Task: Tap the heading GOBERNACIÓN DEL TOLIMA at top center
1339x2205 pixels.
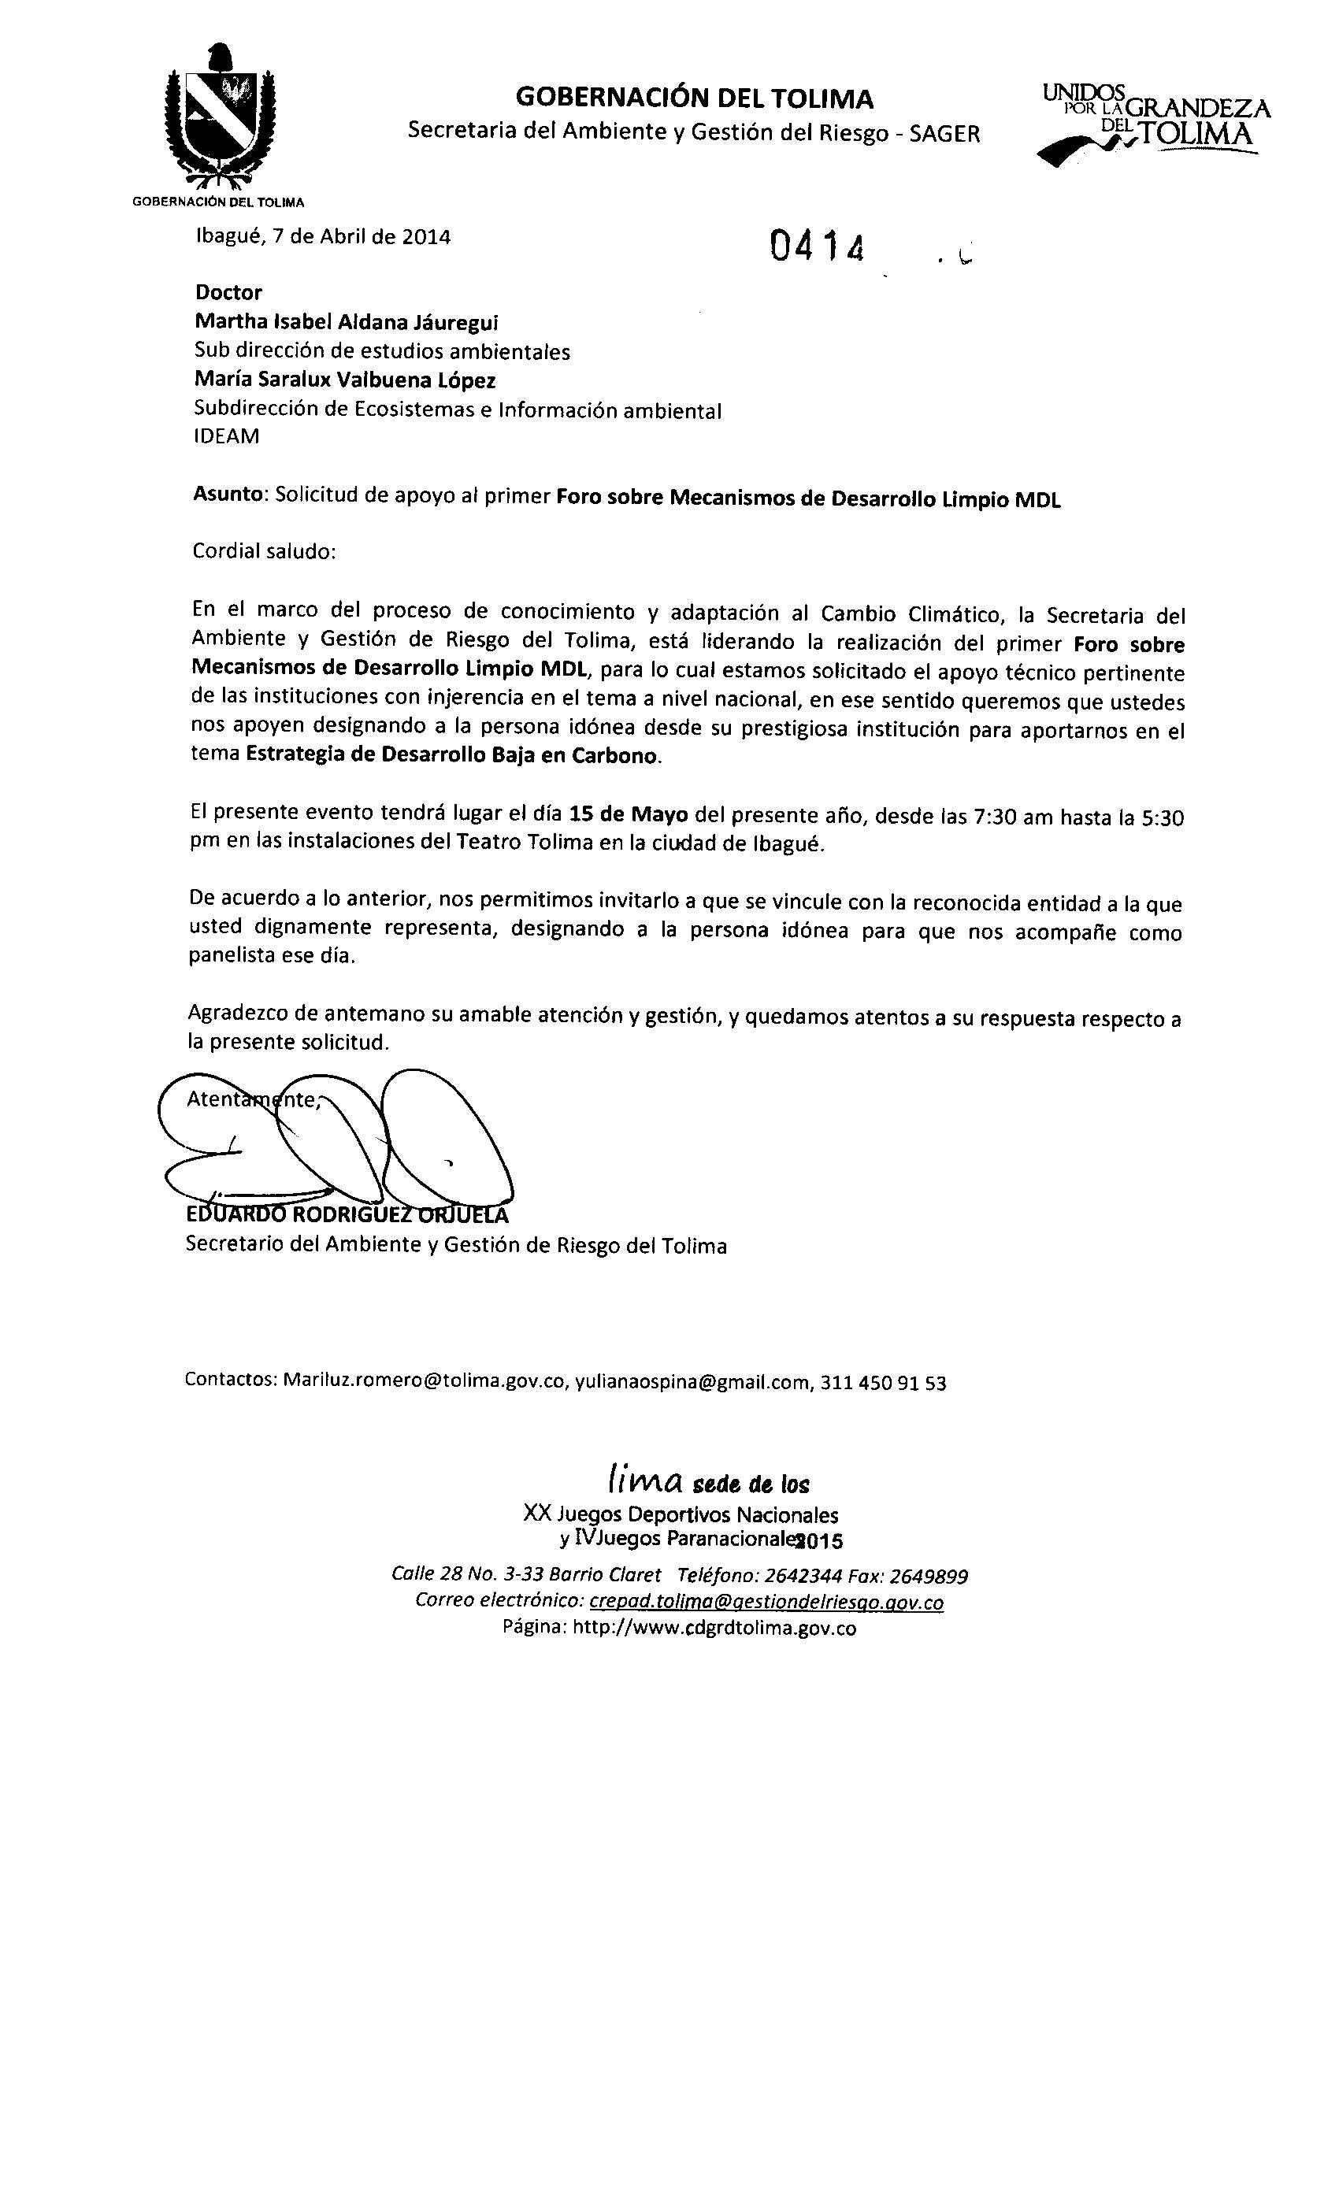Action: pyautogui.click(x=695, y=98)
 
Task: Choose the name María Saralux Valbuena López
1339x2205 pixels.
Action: pyautogui.click(x=346, y=380)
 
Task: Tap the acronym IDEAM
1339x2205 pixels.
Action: pyautogui.click(x=227, y=437)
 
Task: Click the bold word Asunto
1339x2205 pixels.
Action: pyautogui.click(x=229, y=495)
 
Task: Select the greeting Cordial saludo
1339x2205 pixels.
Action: pyautogui.click(x=264, y=551)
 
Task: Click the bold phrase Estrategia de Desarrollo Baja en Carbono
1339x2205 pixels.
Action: pyautogui.click(x=452, y=754)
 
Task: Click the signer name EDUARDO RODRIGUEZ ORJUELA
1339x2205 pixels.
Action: pyautogui.click(x=347, y=1215)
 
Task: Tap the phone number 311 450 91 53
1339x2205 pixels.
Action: pyautogui.click(x=882, y=1384)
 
